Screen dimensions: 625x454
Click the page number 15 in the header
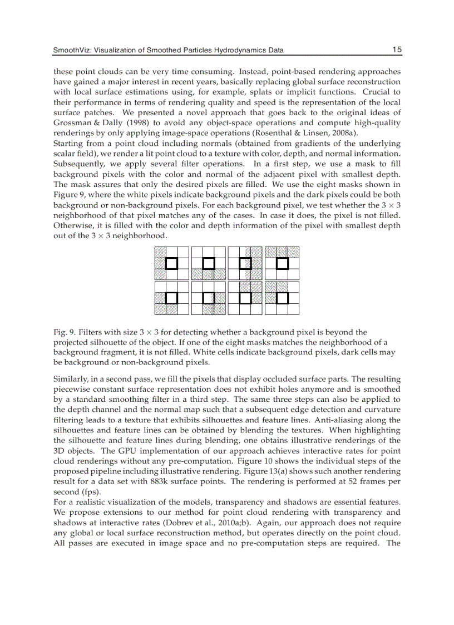[397, 50]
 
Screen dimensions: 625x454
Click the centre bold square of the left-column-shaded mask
[171, 263]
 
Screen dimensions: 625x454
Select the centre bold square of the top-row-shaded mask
[282, 263]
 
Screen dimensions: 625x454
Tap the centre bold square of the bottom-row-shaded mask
[208, 263]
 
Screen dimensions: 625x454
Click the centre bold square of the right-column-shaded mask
[245, 263]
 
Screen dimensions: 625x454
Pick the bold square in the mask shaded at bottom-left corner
[171, 298]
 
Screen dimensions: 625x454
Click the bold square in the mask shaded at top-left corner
[282, 298]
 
